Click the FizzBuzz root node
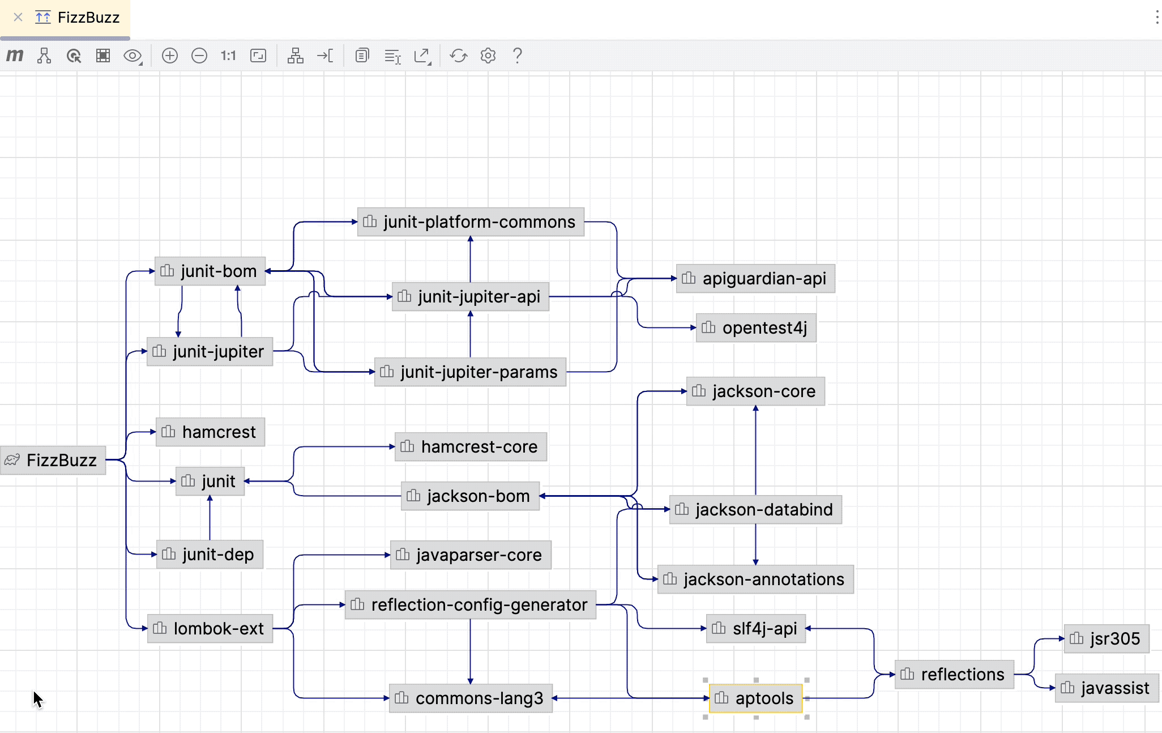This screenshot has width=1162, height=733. pyautogui.click(x=53, y=460)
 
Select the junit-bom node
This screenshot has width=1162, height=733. pyautogui.click(x=210, y=271)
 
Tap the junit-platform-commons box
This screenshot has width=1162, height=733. pyautogui.click(x=471, y=222)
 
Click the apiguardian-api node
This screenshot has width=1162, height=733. pyautogui.click(x=755, y=279)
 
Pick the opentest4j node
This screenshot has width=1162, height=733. pyautogui.click(x=756, y=328)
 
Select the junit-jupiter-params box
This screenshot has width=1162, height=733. pyautogui.click(x=470, y=372)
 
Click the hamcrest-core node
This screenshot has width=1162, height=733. pyautogui.click(x=471, y=447)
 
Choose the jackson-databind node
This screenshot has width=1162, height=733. pyautogui.click(x=755, y=510)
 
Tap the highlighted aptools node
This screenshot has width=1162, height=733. pyautogui.click(x=755, y=698)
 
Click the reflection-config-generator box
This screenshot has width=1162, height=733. pyautogui.click(x=471, y=605)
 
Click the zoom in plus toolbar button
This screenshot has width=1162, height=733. pyautogui.click(x=170, y=56)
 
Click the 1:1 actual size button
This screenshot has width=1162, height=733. pyautogui.click(x=228, y=56)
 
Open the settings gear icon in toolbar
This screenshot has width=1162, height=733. pyautogui.click(x=488, y=56)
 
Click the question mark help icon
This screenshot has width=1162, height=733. pyautogui.click(x=517, y=56)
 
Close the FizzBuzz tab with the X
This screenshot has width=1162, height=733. pyautogui.click(x=18, y=18)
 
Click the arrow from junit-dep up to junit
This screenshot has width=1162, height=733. pyautogui.click(x=210, y=518)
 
